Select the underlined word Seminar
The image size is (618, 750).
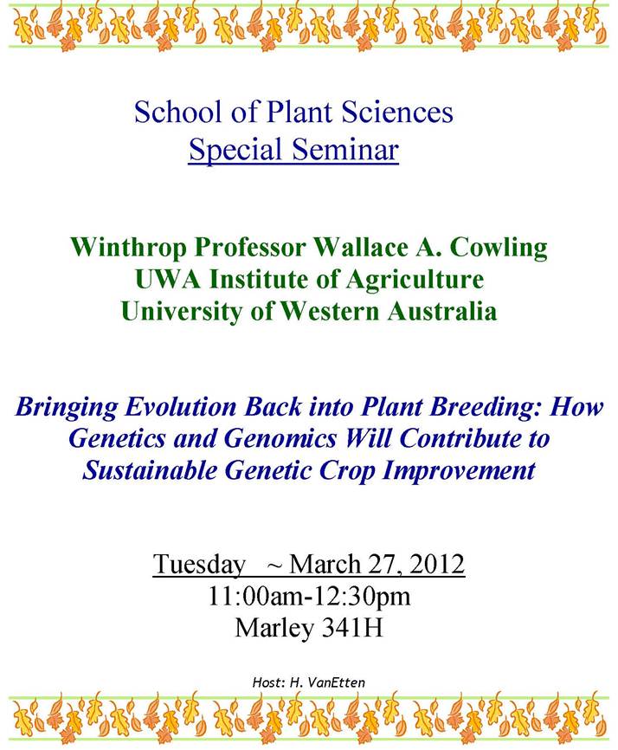(x=345, y=149)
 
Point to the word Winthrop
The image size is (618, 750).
(x=129, y=248)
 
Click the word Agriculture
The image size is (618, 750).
(x=415, y=280)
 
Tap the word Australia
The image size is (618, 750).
(x=442, y=311)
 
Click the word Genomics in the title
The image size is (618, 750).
(x=280, y=438)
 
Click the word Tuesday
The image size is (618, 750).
(x=199, y=565)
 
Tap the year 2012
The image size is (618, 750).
(x=437, y=564)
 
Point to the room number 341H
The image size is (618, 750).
(x=352, y=628)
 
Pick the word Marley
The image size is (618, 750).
(x=274, y=629)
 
